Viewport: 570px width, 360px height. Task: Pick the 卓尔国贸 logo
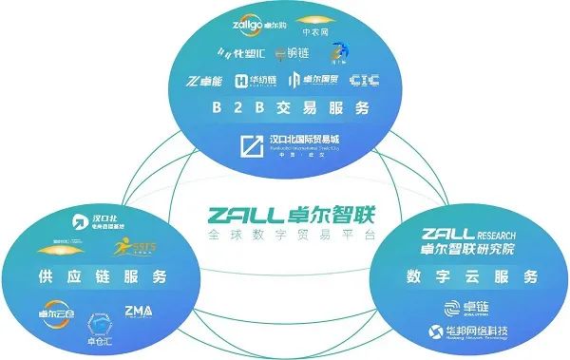(312, 80)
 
